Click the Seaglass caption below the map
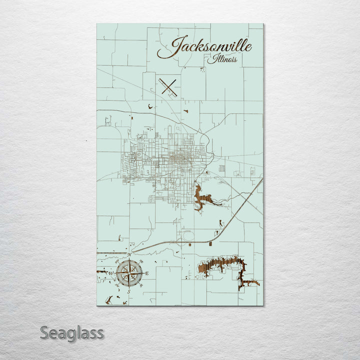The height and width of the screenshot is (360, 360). (72, 332)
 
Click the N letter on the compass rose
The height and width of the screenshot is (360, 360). (129, 255)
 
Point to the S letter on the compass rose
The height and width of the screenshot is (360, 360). (129, 291)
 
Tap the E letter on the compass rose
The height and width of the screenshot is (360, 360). (147, 273)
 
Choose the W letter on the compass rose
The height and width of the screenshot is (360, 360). (111, 273)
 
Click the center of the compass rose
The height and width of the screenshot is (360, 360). (129, 273)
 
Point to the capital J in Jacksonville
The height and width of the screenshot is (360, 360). (176, 46)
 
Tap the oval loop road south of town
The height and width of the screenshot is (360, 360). (188, 235)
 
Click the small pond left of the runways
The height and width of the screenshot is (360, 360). (150, 105)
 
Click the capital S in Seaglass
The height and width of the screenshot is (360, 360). (44, 332)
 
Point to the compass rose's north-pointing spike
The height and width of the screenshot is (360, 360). (129, 262)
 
